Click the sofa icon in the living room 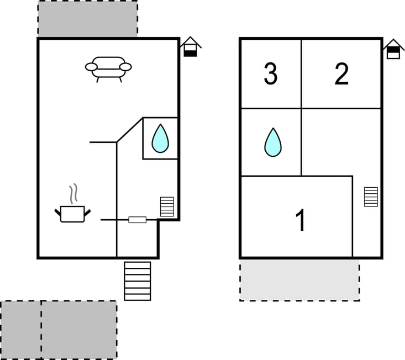click(x=108, y=69)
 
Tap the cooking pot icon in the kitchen click(x=72, y=214)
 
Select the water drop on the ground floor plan click(x=160, y=139)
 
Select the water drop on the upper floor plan click(x=273, y=142)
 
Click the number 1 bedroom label click(x=300, y=220)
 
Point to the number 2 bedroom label click(x=341, y=74)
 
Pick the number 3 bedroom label click(x=270, y=74)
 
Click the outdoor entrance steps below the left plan click(x=138, y=281)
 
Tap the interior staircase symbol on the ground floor click(x=167, y=207)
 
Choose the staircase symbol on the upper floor click(x=371, y=197)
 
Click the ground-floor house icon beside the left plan click(x=191, y=47)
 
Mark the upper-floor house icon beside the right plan click(x=393, y=49)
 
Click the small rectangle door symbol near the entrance click(x=138, y=220)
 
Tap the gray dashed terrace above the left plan click(x=88, y=19)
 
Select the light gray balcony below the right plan click(x=299, y=280)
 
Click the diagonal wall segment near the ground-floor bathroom click(x=130, y=130)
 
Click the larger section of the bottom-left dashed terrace click(x=79, y=330)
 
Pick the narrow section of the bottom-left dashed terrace click(x=21, y=330)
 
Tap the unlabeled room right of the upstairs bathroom click(x=341, y=142)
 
